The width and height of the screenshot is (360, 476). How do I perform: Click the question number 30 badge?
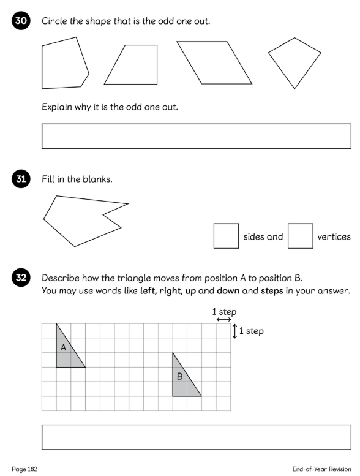[x=21, y=20]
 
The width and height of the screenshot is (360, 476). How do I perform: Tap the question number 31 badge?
[x=21, y=178]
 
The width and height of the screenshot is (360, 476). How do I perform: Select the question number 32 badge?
[x=21, y=278]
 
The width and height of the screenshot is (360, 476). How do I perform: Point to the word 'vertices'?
[x=334, y=237]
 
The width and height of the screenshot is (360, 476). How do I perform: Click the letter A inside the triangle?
[x=63, y=347]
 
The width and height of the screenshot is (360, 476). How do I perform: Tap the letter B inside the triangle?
[x=179, y=376]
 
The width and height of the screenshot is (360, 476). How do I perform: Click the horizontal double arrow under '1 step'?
[x=224, y=320]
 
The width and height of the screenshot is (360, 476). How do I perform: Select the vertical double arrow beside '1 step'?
[x=234, y=331]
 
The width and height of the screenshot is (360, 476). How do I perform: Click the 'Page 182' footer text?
[x=24, y=469]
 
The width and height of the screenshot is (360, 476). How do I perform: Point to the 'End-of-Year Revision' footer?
[x=322, y=469]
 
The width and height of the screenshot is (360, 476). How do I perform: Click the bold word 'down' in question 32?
[x=228, y=291]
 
